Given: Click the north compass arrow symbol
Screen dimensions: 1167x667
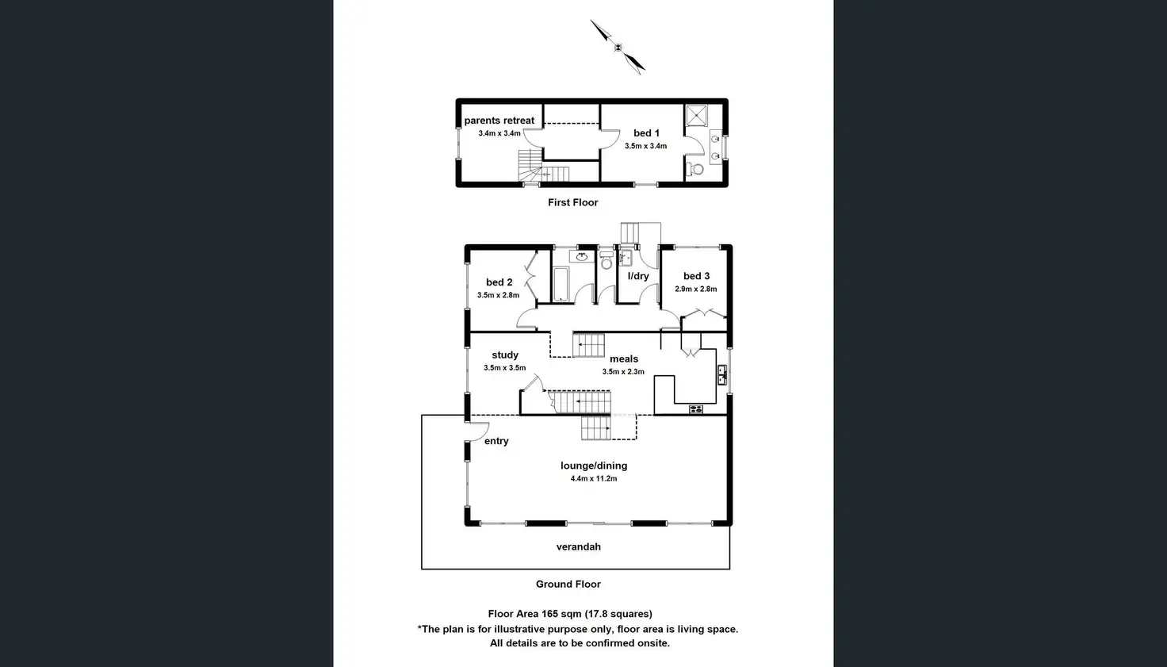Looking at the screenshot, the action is [618, 47].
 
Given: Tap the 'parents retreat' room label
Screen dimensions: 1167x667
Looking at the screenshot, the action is [499, 121].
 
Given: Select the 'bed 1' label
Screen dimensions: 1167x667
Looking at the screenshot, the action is [646, 133].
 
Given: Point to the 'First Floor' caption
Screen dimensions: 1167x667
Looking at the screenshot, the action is [572, 202].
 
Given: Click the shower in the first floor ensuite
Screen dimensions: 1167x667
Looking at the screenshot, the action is [695, 115].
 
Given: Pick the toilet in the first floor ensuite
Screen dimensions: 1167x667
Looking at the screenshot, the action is [695, 168].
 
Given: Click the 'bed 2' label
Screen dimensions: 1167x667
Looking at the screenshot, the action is [499, 282].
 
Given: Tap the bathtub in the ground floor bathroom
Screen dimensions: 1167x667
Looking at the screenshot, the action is [561, 284].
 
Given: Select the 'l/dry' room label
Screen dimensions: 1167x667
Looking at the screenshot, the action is [638, 276].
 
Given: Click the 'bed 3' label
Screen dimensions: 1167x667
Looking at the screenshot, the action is [696, 276].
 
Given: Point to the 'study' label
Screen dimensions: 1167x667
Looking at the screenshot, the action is [505, 355].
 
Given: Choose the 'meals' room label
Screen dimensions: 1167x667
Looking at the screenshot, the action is [624, 359].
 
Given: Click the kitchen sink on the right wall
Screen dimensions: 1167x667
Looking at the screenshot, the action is [721, 374].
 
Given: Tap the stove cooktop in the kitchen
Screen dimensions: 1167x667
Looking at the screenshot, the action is [695, 409].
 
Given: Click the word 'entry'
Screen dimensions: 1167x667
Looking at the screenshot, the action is [496, 441].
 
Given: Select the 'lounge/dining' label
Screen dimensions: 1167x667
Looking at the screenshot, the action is [594, 466].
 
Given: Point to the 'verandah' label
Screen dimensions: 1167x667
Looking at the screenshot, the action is [579, 546].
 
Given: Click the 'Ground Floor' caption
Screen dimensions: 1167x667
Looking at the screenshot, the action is [568, 584].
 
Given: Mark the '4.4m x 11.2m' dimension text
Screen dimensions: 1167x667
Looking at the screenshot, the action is [594, 479].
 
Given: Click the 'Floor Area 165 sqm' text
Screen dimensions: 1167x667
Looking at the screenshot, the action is [535, 614].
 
